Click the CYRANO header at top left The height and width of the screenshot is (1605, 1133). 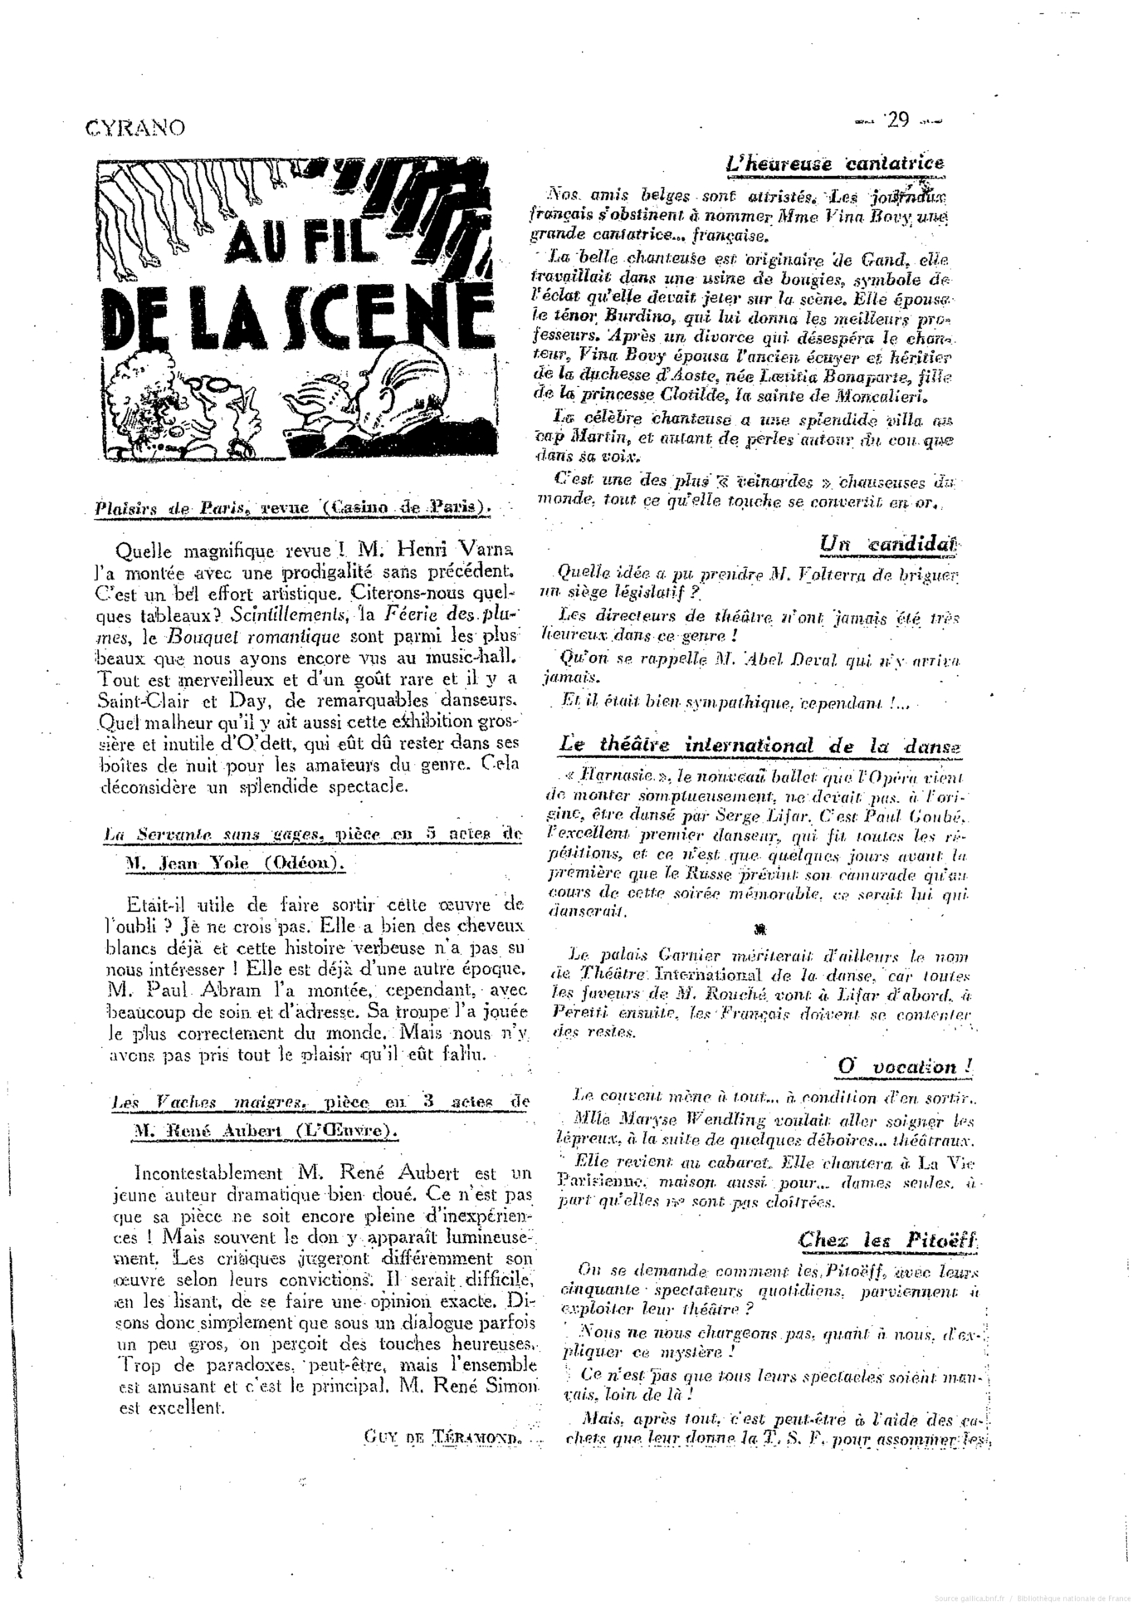click(134, 127)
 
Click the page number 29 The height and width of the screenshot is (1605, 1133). click(897, 120)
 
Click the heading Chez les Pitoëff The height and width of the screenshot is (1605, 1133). click(887, 1240)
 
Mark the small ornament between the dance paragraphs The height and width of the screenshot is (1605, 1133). click(759, 928)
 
